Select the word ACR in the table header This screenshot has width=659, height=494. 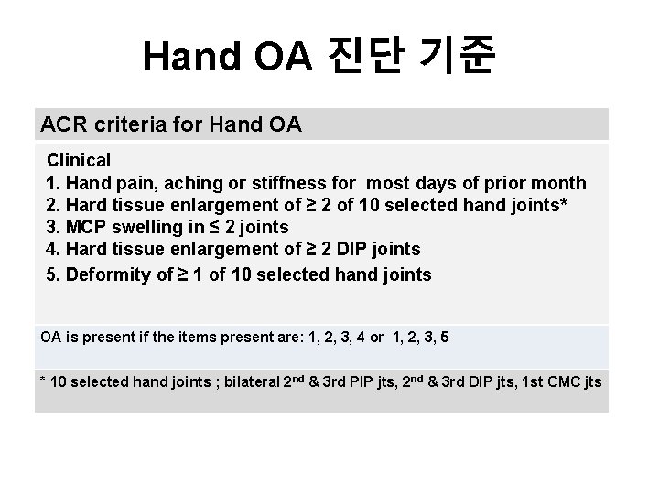61,123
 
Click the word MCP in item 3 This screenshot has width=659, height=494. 84,228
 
